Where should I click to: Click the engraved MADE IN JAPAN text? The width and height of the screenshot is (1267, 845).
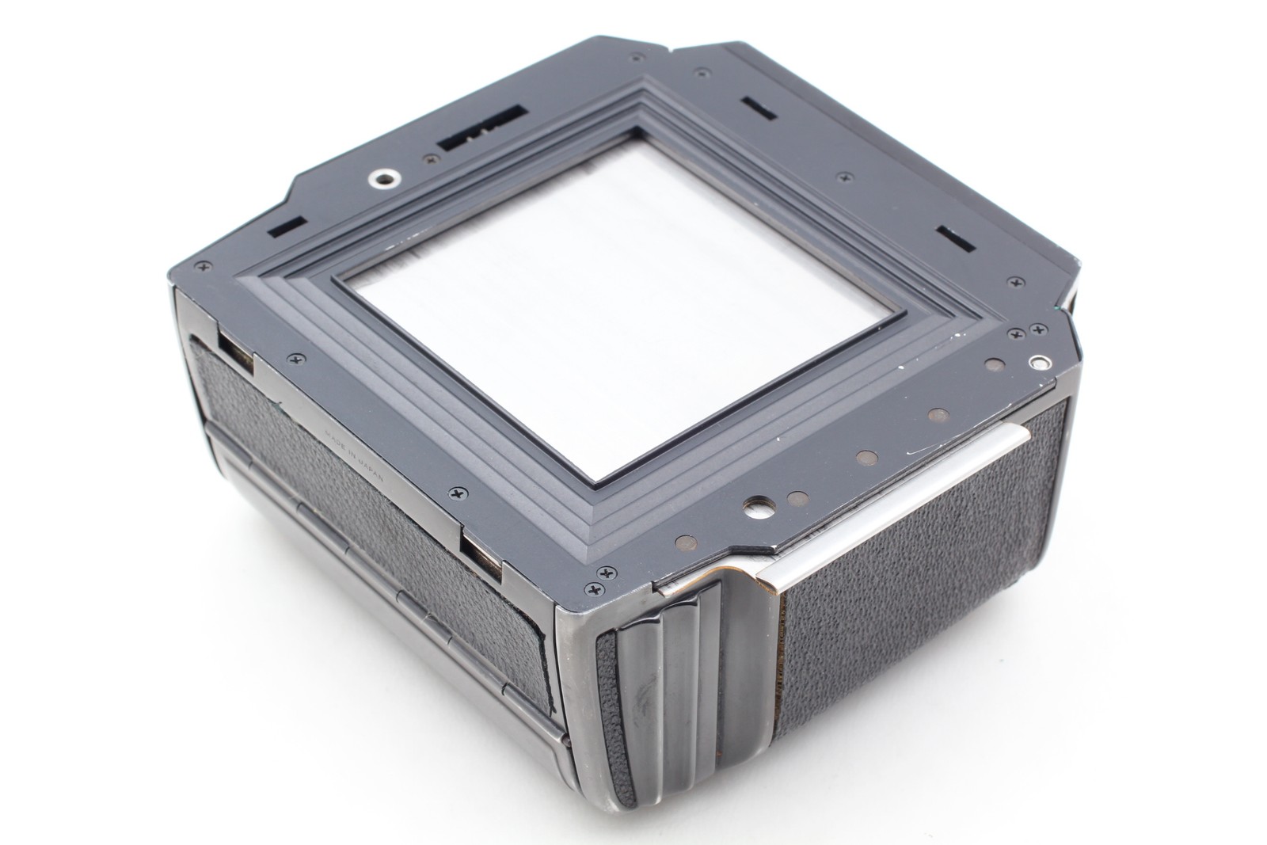tap(355, 455)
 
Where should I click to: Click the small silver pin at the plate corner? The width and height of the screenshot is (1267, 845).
tap(1039, 363)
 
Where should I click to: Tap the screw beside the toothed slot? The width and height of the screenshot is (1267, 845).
tap(433, 160)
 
